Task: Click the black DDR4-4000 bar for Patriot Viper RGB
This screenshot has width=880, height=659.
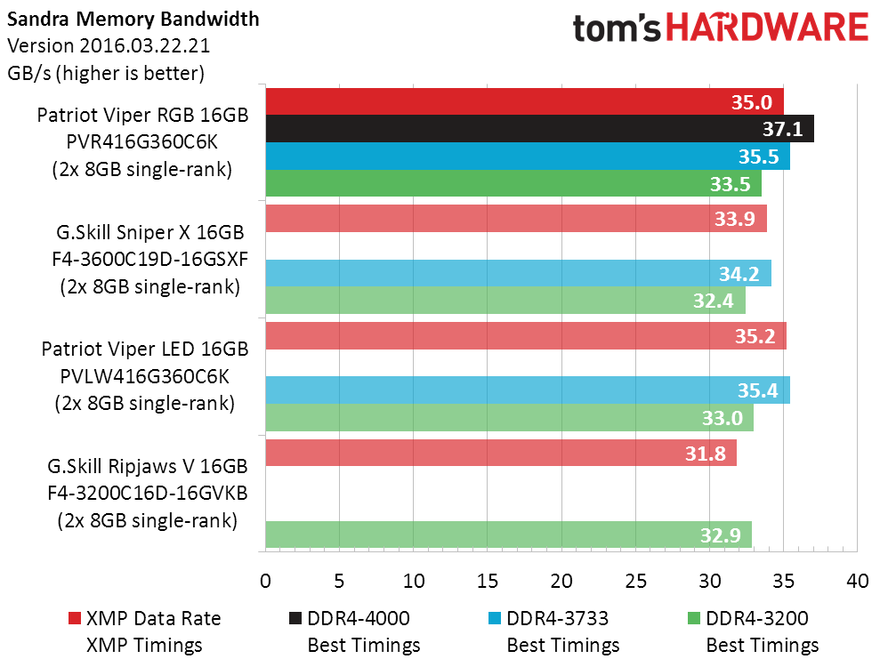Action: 539,129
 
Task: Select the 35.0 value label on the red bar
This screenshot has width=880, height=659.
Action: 752,102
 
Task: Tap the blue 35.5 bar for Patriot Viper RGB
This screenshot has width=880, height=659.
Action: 528,157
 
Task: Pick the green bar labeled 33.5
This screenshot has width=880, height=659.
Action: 513,183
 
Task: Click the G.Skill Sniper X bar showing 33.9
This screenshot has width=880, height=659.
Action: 516,218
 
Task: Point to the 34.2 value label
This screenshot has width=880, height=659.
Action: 739,274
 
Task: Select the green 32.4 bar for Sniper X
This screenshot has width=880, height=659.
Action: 505,301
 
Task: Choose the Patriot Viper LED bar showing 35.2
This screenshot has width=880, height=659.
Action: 526,336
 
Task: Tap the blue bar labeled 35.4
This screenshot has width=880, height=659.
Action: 528,390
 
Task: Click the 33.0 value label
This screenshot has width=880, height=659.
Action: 723,418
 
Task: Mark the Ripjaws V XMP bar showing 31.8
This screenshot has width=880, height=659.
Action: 501,453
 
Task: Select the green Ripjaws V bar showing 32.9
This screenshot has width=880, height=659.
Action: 508,534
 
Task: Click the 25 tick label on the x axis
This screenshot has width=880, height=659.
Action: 635,581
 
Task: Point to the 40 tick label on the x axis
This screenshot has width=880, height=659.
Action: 858,581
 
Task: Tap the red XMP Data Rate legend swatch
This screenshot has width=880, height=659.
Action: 74,618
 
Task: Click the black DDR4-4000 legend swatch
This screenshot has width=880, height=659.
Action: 295,618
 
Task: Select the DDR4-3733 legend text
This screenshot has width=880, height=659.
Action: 557,618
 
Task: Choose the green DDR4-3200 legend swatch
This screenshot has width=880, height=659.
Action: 694,618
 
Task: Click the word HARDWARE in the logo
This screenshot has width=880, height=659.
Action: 767,28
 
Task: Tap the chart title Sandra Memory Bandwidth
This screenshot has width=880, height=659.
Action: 133,19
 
